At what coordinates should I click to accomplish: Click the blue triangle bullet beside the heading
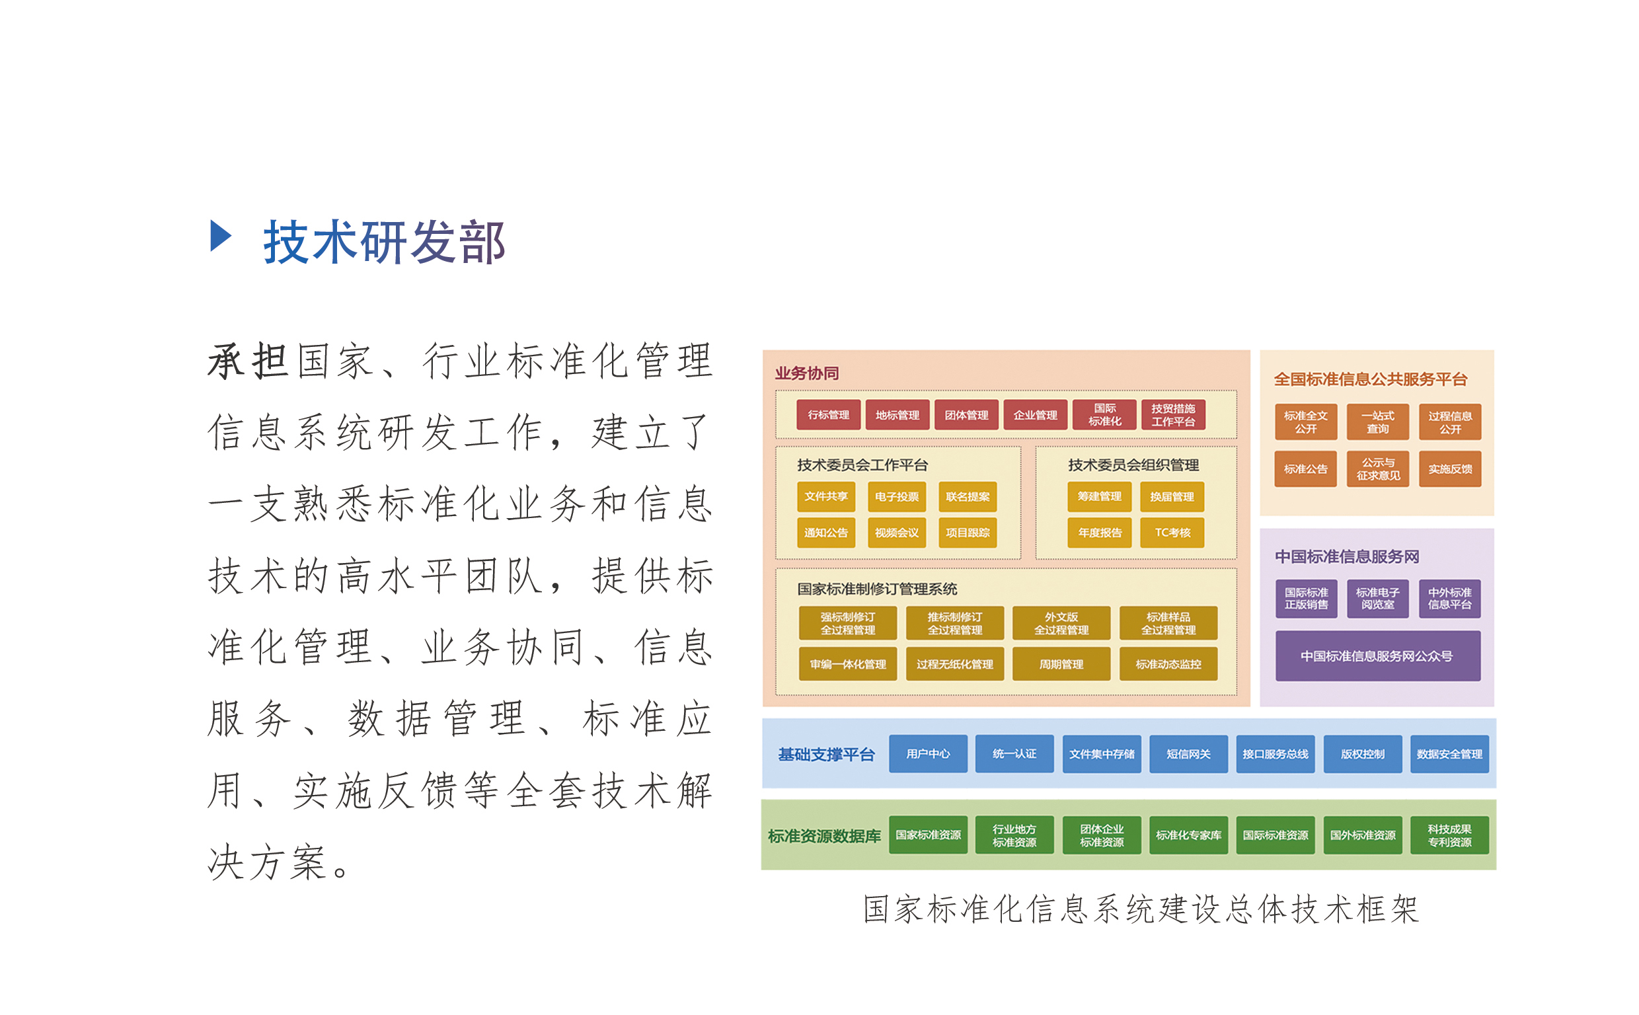tap(220, 236)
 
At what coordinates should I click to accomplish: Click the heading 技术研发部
tap(384, 242)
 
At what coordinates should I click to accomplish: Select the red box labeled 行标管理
tap(828, 415)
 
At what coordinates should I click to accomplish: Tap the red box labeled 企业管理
tap(1035, 415)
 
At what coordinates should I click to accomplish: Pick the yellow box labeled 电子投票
tap(897, 497)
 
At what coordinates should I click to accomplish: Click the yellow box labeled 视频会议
tap(897, 533)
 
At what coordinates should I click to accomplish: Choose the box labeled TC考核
tap(1172, 533)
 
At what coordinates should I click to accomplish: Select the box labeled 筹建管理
tap(1099, 497)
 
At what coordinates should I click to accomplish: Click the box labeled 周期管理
tap(1061, 664)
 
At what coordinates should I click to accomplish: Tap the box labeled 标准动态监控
tap(1168, 664)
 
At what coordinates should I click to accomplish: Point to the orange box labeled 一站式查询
tap(1377, 422)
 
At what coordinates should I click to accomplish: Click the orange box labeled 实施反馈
tap(1450, 469)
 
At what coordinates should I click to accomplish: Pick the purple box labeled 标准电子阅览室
tap(1377, 598)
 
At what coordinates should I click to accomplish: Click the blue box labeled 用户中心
tap(929, 754)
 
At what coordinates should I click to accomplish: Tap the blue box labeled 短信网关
tap(1189, 754)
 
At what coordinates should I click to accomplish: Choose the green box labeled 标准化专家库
tap(1189, 835)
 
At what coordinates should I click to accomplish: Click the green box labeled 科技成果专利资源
tap(1450, 835)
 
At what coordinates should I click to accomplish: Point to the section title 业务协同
tap(807, 373)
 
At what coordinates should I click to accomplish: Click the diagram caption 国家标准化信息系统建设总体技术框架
tap(1141, 909)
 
